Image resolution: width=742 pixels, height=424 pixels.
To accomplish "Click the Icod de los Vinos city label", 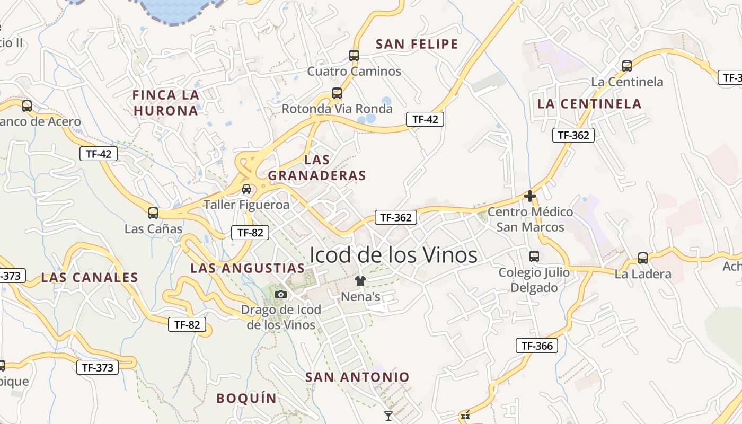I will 393,255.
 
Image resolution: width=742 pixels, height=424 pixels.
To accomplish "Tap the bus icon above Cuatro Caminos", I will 354,55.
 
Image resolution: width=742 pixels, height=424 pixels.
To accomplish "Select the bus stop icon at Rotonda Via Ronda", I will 337,93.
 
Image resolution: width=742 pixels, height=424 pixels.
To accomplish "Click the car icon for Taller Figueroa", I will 246,189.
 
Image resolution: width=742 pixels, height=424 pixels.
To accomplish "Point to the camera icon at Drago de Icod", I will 281,294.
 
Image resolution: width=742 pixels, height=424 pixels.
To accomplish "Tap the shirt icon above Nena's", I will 360,280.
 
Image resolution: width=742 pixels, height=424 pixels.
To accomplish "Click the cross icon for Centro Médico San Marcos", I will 529,196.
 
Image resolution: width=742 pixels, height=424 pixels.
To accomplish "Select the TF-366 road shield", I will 537,346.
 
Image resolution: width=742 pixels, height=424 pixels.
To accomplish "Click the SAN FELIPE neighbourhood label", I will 417,44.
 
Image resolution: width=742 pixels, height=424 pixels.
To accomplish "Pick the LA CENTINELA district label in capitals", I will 589,103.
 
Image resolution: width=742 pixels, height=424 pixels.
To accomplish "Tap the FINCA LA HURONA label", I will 166,103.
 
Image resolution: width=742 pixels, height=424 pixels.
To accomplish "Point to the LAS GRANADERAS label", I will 317,167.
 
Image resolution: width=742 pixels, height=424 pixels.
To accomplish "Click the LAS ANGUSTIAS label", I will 248,268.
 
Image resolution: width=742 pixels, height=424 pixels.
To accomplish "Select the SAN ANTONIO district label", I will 357,377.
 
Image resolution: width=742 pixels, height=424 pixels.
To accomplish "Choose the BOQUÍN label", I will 246,398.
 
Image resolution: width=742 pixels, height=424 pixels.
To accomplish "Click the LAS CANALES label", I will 90,277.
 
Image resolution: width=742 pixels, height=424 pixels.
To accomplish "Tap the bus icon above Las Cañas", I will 153,213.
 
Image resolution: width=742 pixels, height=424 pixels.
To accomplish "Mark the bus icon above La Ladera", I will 643,258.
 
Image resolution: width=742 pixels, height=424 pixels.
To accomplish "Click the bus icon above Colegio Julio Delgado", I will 534,257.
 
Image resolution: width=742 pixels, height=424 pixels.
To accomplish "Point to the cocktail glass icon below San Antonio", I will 388,416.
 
